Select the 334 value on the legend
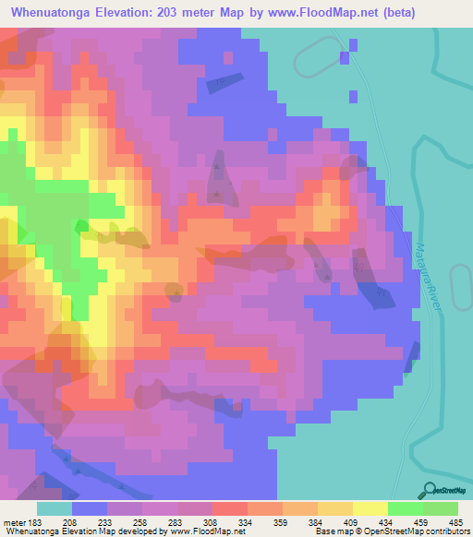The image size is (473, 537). pyautogui.click(x=247, y=521)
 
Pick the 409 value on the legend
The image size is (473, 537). pyautogui.click(x=352, y=521)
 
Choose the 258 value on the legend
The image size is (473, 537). pyautogui.click(x=141, y=521)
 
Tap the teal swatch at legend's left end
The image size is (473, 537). pyautogui.click(x=54, y=508)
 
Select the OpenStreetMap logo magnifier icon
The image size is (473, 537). pyautogui.click(x=428, y=492)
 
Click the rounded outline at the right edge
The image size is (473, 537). pyautogui.click(x=462, y=291)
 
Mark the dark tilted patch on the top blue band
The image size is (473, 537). pyautogui.click(x=225, y=83)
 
